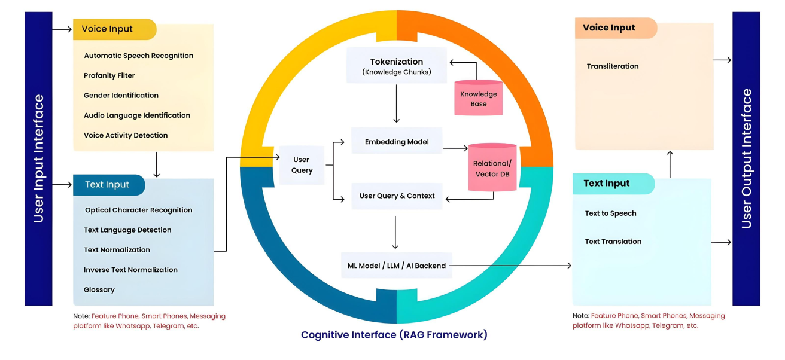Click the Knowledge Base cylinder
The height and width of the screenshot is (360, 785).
(478, 98)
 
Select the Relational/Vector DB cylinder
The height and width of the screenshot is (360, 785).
(492, 168)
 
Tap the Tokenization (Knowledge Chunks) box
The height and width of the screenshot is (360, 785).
(396, 66)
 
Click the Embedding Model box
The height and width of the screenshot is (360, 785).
(397, 142)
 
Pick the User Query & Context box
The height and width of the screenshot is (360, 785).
(397, 196)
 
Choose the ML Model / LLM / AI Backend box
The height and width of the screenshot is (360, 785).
(397, 265)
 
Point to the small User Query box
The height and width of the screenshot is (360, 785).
(302, 164)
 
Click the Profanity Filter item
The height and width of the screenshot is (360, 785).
(109, 75)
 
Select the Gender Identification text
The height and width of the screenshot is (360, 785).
(121, 95)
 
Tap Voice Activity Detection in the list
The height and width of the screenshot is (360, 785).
(126, 135)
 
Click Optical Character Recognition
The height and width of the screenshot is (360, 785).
(138, 210)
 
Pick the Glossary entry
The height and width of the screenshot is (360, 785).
(99, 289)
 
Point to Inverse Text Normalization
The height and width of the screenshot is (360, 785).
(130, 270)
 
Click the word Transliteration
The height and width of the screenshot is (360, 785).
(613, 66)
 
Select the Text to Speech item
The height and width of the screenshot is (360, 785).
(610, 213)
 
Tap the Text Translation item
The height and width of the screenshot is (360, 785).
(613, 242)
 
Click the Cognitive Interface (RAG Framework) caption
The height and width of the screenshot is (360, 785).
(394, 335)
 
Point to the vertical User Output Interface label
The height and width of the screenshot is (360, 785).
(746, 158)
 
